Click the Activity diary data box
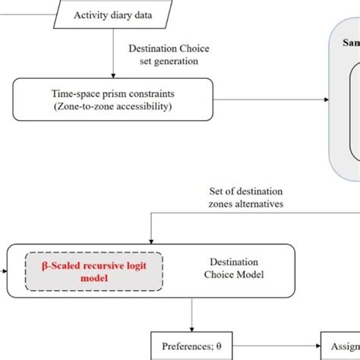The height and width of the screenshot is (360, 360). click(x=114, y=14)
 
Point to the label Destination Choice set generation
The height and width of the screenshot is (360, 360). click(x=168, y=54)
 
